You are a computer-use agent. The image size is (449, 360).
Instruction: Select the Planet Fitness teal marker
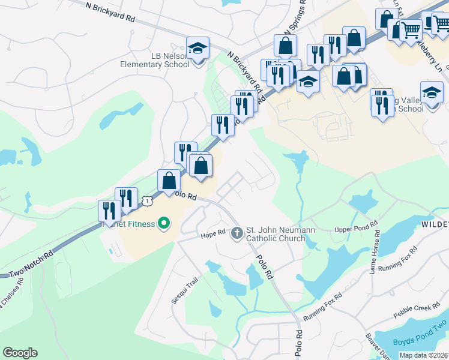163,224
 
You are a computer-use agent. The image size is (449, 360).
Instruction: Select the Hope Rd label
212,232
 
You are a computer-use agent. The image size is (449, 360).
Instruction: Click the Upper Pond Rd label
357,229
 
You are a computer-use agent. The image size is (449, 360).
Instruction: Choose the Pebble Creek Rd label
417,311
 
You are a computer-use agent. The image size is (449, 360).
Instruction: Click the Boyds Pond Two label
420,341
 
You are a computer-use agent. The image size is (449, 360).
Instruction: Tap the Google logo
20,352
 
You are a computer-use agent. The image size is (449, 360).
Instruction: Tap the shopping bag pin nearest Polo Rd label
169,180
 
